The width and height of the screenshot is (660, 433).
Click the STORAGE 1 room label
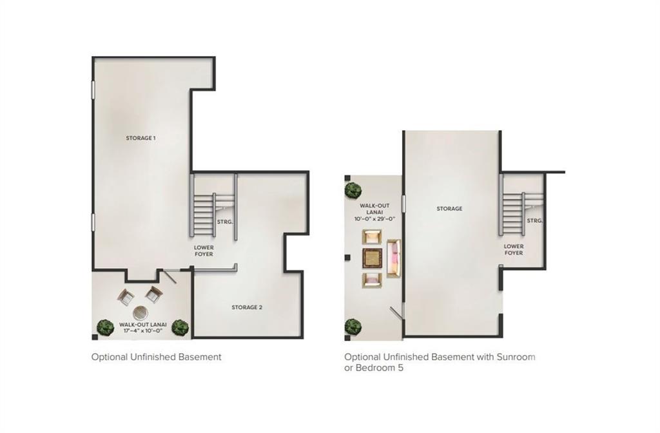click(141, 138)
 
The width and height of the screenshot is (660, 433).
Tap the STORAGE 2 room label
click(247, 307)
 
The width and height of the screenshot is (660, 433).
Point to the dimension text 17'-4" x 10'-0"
click(140, 331)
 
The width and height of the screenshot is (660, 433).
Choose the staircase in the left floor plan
click(204, 214)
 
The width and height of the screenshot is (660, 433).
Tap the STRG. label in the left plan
click(225, 222)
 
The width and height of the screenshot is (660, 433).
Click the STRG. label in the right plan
click(534, 220)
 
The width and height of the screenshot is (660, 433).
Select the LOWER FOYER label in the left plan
click(204, 251)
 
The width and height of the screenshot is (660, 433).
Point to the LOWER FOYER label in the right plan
click(514, 249)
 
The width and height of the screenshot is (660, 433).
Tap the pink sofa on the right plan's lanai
click(393, 258)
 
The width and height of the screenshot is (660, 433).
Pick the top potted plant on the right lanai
click(353, 190)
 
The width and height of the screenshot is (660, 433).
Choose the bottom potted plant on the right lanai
click(353, 327)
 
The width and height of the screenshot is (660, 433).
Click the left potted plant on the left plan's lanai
click(105, 327)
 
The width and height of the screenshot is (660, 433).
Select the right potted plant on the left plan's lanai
click(181, 327)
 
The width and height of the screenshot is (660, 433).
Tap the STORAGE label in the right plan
click(449, 209)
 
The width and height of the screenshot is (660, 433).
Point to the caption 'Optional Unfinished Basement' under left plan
click(156, 357)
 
